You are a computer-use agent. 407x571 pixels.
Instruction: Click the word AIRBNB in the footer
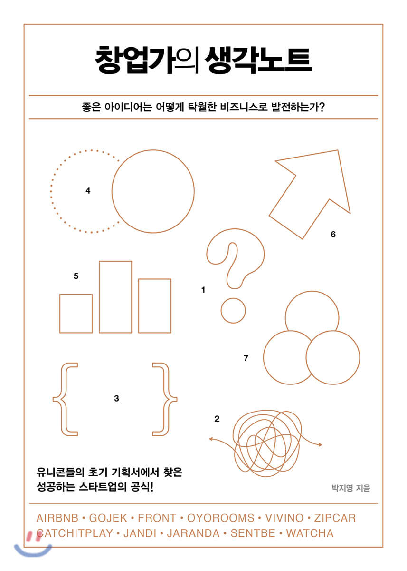click(x=57, y=518)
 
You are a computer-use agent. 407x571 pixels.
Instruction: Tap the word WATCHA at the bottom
click(x=310, y=533)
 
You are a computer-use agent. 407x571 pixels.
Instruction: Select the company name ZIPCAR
click(x=335, y=518)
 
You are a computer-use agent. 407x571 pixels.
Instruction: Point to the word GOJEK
click(x=108, y=518)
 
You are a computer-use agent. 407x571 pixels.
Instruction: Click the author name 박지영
click(x=342, y=488)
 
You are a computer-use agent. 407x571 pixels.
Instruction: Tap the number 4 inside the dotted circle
click(x=88, y=191)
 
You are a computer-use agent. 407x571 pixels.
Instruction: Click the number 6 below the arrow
click(x=333, y=234)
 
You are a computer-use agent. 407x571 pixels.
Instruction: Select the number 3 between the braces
click(x=116, y=398)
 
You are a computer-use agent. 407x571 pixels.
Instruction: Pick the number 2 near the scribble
click(x=217, y=419)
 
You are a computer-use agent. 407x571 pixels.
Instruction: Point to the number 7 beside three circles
click(x=246, y=358)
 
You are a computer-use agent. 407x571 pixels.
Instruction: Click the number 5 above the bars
click(x=76, y=276)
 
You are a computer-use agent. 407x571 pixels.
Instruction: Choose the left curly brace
click(x=61, y=399)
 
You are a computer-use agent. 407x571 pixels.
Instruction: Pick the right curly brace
click(x=169, y=399)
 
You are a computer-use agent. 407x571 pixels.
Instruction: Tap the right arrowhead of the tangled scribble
click(x=320, y=445)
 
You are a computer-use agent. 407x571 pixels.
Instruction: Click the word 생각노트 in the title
click(x=258, y=60)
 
